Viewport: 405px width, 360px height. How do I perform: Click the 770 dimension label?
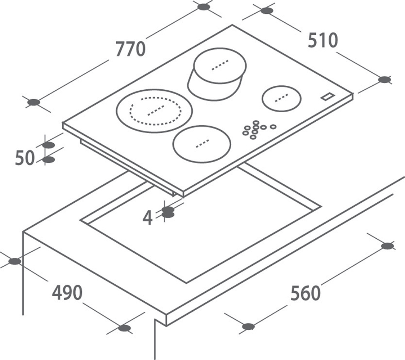coord(130,49)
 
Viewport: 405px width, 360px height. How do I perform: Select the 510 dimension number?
coord(323,40)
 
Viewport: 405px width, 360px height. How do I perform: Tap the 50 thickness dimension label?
coord(25,158)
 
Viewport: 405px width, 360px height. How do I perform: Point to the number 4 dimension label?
coord(147,218)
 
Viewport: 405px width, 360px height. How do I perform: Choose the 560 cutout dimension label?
coord(306,293)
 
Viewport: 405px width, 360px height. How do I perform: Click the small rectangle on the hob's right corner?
coord(328,96)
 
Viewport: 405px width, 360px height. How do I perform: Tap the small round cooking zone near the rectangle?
coord(281,99)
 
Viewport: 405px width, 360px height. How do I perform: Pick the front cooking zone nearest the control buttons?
coord(202,144)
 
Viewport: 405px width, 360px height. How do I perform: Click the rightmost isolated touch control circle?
coord(273,126)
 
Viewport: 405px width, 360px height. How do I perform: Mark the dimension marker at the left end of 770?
coord(34,103)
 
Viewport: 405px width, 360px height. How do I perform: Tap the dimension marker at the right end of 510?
coord(384,80)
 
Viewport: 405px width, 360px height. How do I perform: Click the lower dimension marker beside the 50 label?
coord(48,160)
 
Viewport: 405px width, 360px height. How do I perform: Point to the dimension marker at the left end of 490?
coord(15,261)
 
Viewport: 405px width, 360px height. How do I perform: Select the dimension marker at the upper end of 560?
coord(387,246)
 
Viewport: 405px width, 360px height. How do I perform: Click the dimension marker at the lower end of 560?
coord(249,327)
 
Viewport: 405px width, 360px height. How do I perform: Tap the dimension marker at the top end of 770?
coord(204,7)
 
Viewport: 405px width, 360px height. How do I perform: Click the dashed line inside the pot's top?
coord(220,65)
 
